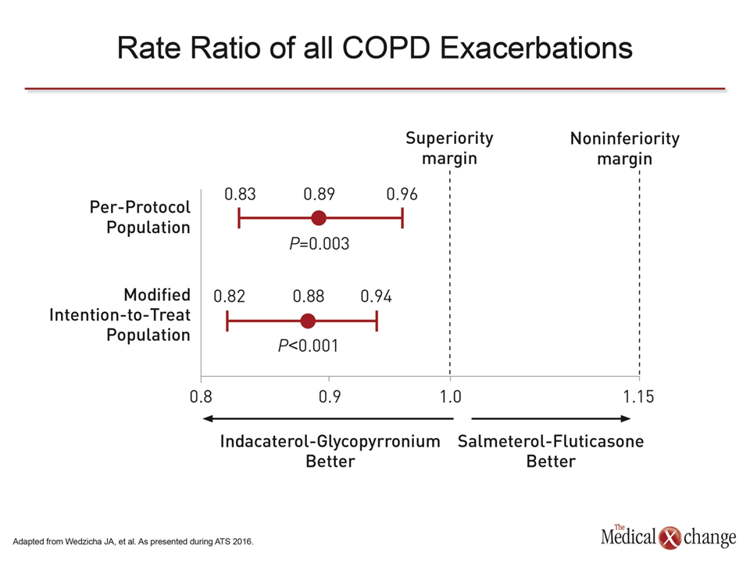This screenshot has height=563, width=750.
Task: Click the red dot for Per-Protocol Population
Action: click(x=319, y=218)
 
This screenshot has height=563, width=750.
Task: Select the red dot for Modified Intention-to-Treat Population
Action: click(x=308, y=321)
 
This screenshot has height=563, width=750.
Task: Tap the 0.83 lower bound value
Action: click(x=240, y=195)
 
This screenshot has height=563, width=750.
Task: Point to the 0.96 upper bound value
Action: click(x=402, y=195)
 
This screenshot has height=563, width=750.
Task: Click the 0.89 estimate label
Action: click(x=319, y=195)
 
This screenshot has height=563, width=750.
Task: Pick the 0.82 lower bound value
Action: click(x=229, y=297)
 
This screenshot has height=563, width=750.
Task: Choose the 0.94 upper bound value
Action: click(x=376, y=297)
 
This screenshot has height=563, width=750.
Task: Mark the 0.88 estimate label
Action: click(x=309, y=297)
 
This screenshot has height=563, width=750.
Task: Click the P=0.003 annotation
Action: click(x=319, y=244)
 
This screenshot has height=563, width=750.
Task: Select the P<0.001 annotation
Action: click(x=308, y=346)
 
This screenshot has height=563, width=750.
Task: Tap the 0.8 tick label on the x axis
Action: click(x=201, y=397)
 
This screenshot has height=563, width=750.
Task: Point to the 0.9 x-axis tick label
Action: click(x=330, y=397)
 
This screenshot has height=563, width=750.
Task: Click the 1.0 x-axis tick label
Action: click(x=451, y=397)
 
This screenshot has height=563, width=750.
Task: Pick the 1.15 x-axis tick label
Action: click(x=638, y=397)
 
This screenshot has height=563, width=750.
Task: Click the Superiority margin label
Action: click(x=450, y=149)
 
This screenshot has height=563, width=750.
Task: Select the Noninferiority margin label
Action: click(x=625, y=149)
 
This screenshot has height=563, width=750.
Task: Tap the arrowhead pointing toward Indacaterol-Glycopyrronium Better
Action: click(x=208, y=419)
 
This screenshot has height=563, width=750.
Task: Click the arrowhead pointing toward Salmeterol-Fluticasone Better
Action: click(x=626, y=419)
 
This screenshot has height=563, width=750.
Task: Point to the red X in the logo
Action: click(x=670, y=538)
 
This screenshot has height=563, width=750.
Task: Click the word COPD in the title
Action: click(x=386, y=48)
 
